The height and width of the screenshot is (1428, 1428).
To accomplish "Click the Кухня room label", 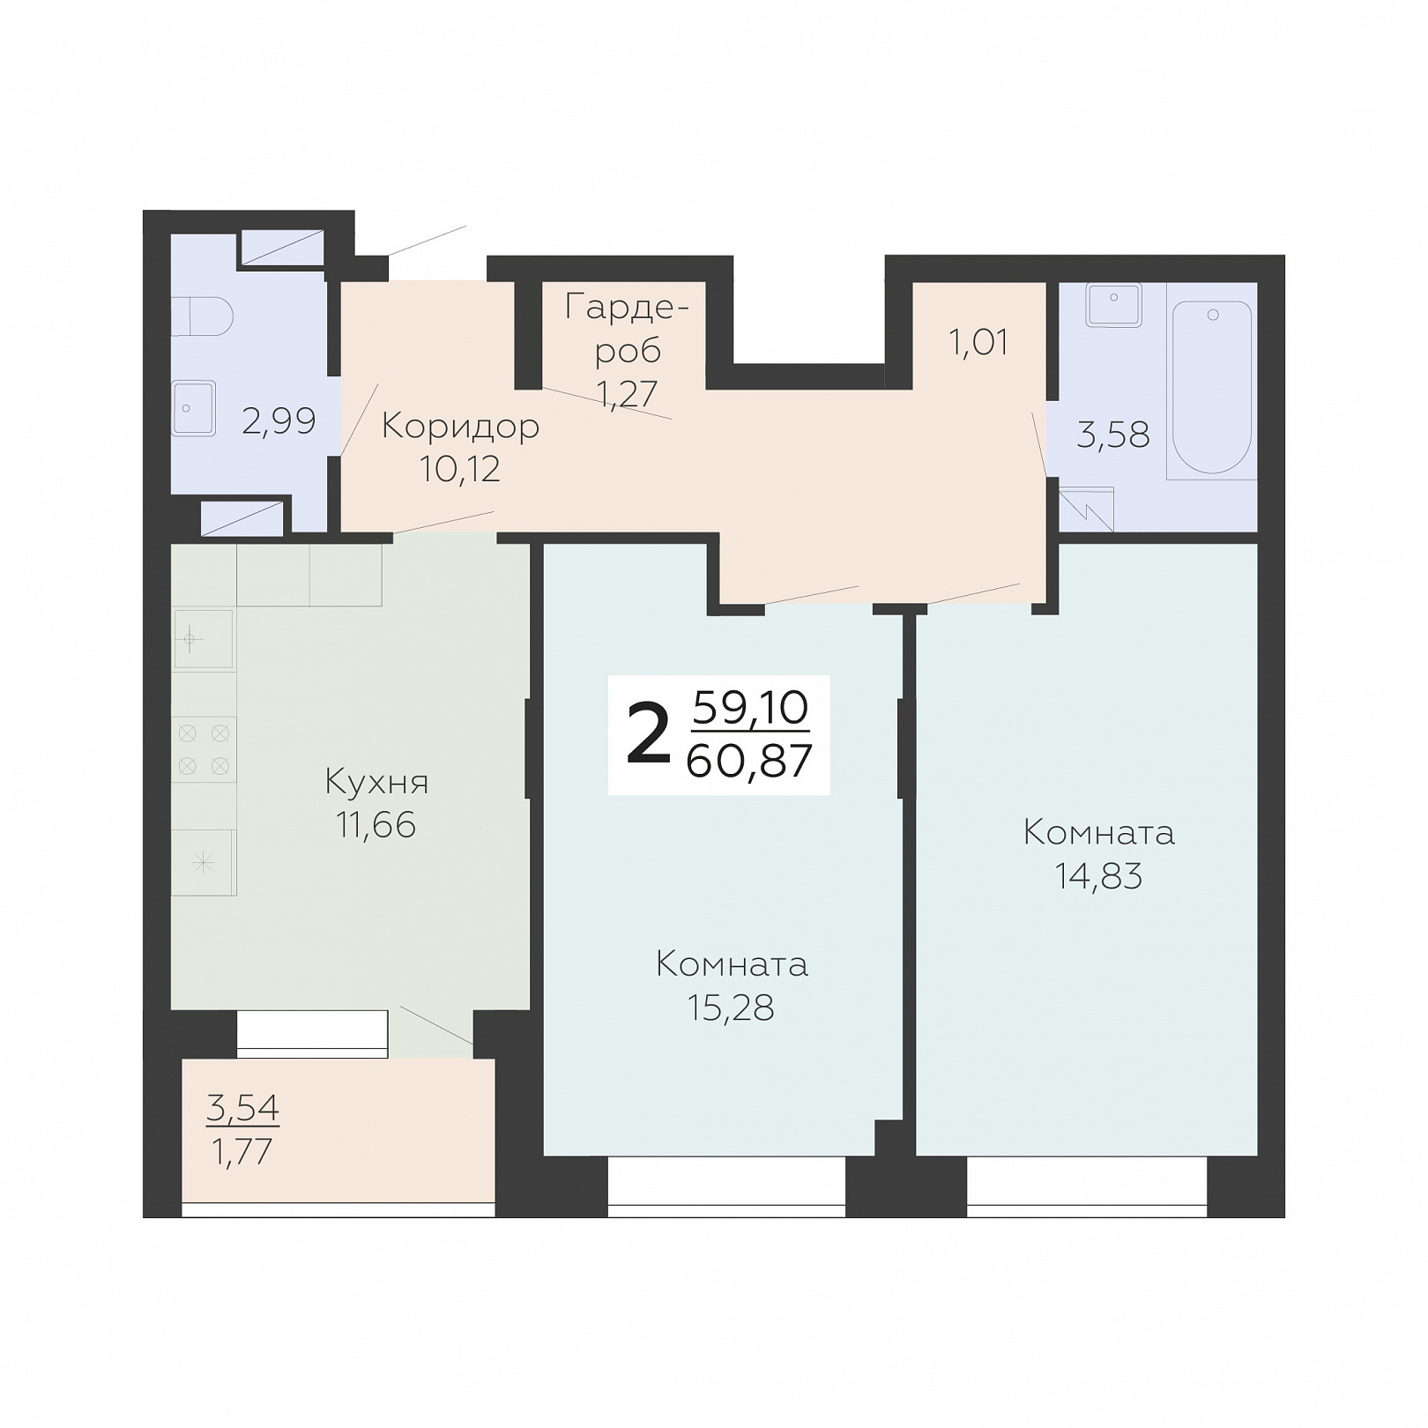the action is pos(376,782).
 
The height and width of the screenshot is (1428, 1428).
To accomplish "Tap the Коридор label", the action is pos(460,428).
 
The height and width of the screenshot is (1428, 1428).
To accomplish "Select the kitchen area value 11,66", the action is pos(376,825).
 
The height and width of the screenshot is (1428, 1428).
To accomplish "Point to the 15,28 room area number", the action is pos(731,1008).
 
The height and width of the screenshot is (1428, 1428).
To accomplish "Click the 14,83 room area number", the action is pos(1099,876).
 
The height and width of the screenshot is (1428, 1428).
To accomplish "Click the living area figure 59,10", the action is pos(751,707).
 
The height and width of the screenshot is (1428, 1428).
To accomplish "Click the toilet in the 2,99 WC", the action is pos(202,316).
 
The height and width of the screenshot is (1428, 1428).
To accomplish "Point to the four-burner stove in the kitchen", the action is pos(204,749).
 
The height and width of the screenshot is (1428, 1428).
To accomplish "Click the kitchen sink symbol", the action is pos(204,638).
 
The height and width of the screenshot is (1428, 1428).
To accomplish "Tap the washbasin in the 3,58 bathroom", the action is pos(1114,305).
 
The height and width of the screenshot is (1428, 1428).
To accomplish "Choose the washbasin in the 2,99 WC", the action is pos(194,408).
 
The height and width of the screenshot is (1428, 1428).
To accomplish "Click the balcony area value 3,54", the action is pos(242,1107).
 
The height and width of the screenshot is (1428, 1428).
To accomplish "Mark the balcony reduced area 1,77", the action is pos(242,1152).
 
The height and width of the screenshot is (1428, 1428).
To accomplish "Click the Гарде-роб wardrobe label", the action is pos(627,329).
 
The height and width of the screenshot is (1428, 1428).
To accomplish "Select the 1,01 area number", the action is pos(978,342).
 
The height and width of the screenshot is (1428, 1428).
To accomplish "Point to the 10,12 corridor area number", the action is pos(460,469).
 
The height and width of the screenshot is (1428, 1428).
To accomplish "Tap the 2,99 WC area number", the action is pos(279,421).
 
